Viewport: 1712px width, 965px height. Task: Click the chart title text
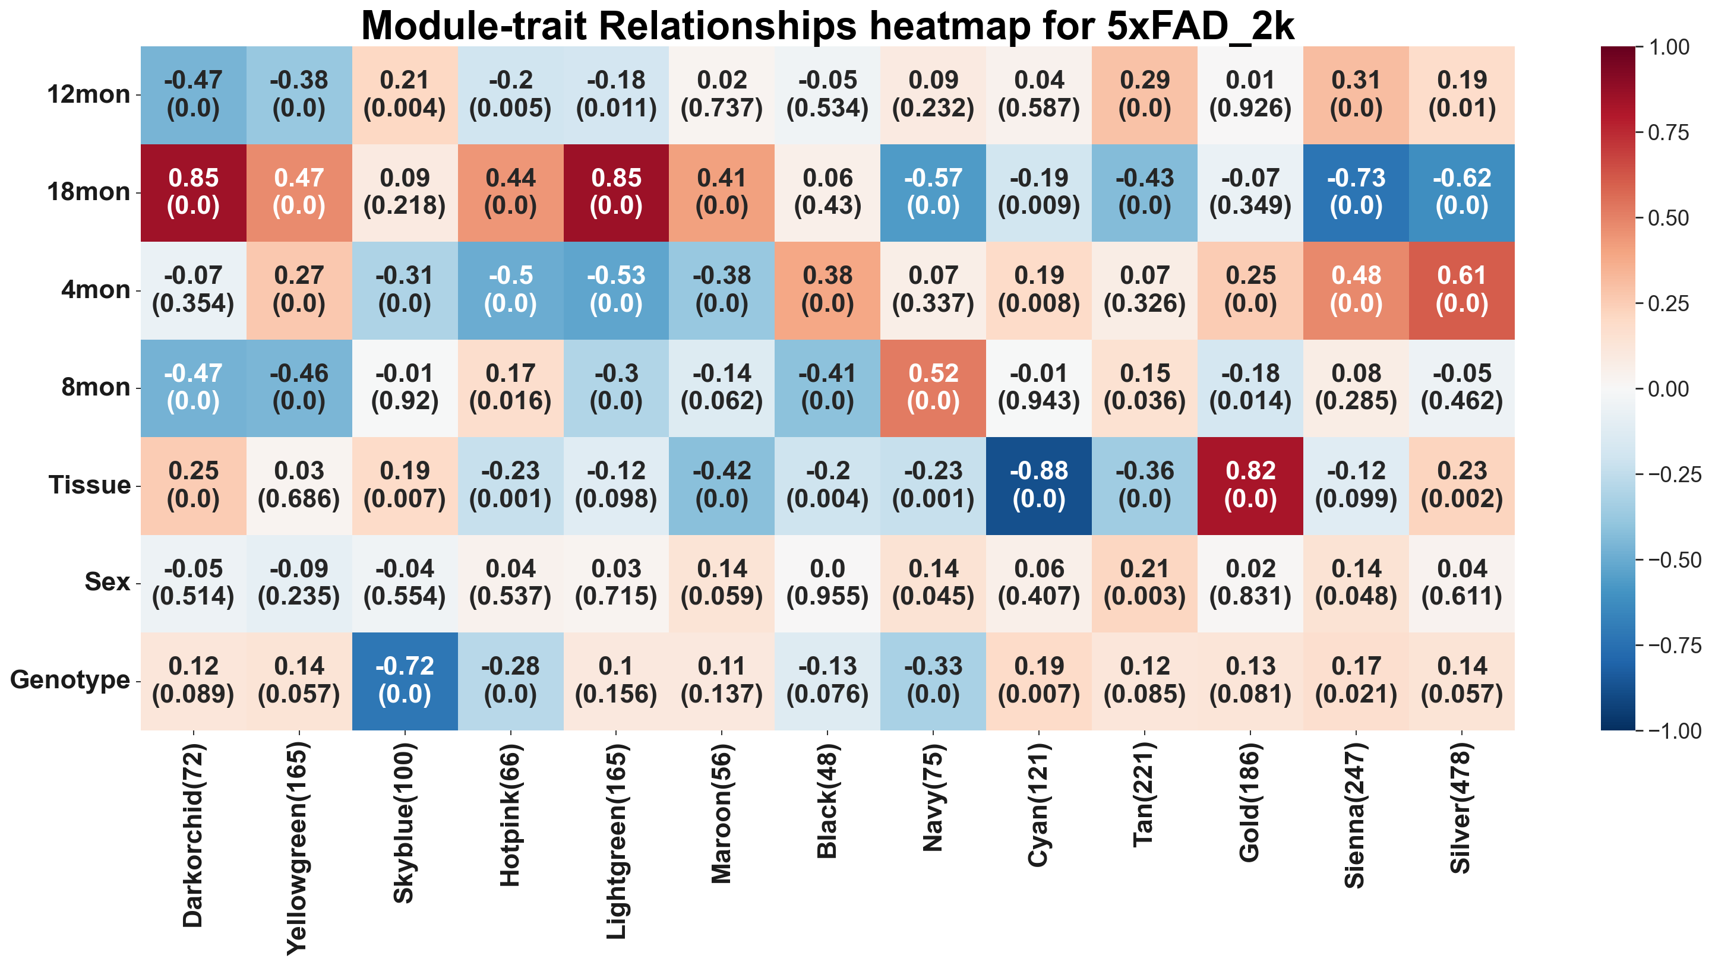click(827, 27)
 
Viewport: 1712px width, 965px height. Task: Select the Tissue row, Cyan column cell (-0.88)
click(1039, 486)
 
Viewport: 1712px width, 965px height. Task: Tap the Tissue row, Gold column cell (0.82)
click(1250, 486)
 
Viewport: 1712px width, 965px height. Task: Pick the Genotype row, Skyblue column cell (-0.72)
click(405, 681)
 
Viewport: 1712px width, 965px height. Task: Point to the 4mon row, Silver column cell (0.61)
click(1461, 290)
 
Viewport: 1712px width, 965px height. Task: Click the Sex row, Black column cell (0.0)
click(827, 583)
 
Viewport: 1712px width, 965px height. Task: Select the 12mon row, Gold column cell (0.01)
click(1250, 95)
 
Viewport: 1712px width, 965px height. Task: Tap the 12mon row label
click(89, 95)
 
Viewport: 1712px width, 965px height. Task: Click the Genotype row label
click(70, 681)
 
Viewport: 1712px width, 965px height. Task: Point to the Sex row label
click(107, 583)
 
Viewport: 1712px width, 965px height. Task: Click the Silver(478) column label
click(1461, 808)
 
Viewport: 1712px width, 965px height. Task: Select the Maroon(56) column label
click(722, 814)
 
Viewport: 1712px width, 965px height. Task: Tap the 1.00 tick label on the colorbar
click(1669, 47)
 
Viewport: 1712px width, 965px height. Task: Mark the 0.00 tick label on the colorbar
click(1669, 389)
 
